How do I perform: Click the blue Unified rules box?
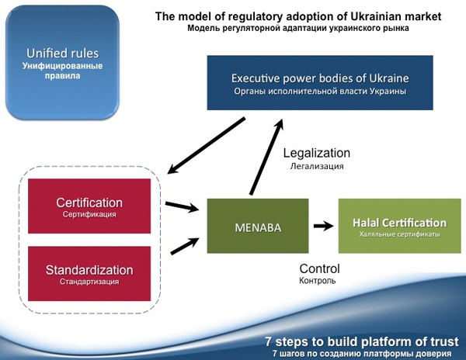62,62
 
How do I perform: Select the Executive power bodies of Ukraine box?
320,82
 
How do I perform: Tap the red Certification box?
89,206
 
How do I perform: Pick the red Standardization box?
89,274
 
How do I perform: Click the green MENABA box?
258,226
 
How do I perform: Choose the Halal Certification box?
400,226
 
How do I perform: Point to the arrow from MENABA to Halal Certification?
323,226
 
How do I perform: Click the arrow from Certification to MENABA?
182,206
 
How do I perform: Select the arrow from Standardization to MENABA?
185,246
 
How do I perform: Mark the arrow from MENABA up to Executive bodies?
266,157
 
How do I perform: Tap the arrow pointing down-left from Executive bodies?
207,145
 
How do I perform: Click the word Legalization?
317,153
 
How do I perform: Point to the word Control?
319,268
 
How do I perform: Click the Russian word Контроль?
318,281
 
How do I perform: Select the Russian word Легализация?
317,166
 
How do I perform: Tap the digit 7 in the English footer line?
269,341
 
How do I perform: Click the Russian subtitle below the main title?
298,29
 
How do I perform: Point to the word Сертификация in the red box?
89,214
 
